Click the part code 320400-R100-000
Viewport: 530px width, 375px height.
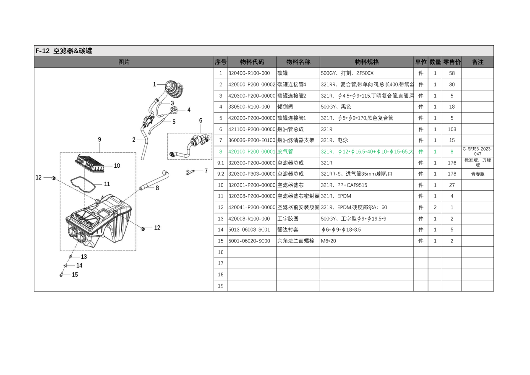[x=249, y=73]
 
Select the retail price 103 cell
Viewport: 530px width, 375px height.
[x=452, y=129]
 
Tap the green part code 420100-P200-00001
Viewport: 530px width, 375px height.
[x=252, y=151]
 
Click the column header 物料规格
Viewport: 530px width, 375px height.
[x=367, y=62]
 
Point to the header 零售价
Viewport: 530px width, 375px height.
[x=452, y=62]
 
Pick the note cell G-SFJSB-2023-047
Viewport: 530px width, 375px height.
[x=478, y=151]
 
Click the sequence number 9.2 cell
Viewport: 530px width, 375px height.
[x=220, y=174]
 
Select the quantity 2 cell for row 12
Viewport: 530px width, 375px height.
[x=435, y=207]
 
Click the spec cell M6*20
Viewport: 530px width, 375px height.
[x=329, y=241]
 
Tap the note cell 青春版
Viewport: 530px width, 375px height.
[x=478, y=174]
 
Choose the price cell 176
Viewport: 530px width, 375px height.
[x=452, y=163]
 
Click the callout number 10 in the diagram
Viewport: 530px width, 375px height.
[x=117, y=166]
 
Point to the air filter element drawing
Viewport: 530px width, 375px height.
[x=90, y=163]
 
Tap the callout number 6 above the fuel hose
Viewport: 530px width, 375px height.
[x=201, y=120]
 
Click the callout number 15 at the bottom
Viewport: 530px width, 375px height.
[x=75, y=275]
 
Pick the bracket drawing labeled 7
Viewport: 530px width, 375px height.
[x=190, y=172]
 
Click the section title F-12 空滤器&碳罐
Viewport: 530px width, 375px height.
[x=64, y=51]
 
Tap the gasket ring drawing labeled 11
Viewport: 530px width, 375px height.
[x=83, y=185]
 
